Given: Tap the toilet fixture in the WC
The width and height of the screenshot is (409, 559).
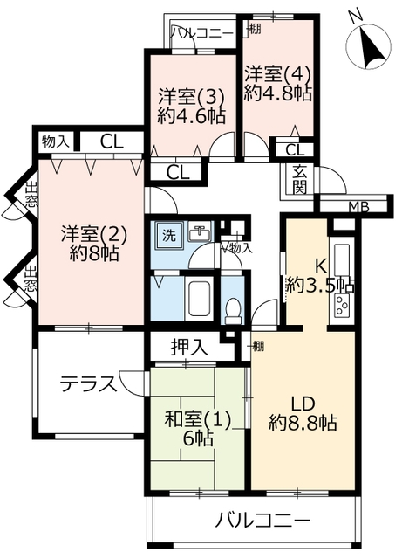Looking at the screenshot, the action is pos(234,311).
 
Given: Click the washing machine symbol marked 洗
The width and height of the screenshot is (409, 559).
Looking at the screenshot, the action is pos(169,235).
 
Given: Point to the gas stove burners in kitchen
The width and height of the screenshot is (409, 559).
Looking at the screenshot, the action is pos(343,305).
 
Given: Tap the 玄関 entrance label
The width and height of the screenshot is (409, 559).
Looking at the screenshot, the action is pos(300,180).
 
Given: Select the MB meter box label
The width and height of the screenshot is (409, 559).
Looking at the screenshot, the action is pos(358,207).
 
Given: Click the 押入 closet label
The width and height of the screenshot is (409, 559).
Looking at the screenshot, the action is pos(189,347).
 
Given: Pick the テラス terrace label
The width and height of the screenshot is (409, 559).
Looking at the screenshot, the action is pos(88,384).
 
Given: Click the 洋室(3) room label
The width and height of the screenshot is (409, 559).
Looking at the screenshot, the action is pos(192,96).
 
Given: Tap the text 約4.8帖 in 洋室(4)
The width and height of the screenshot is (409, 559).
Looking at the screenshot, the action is pos(278,93).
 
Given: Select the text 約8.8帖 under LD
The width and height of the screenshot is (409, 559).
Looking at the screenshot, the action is pos(303,423).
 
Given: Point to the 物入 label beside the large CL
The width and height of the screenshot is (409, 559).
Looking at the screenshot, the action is pos(55,142).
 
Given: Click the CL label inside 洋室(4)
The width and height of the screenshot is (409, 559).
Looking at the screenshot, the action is pos(295,150).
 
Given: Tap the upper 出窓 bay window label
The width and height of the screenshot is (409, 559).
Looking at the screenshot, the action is pos(31,195).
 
